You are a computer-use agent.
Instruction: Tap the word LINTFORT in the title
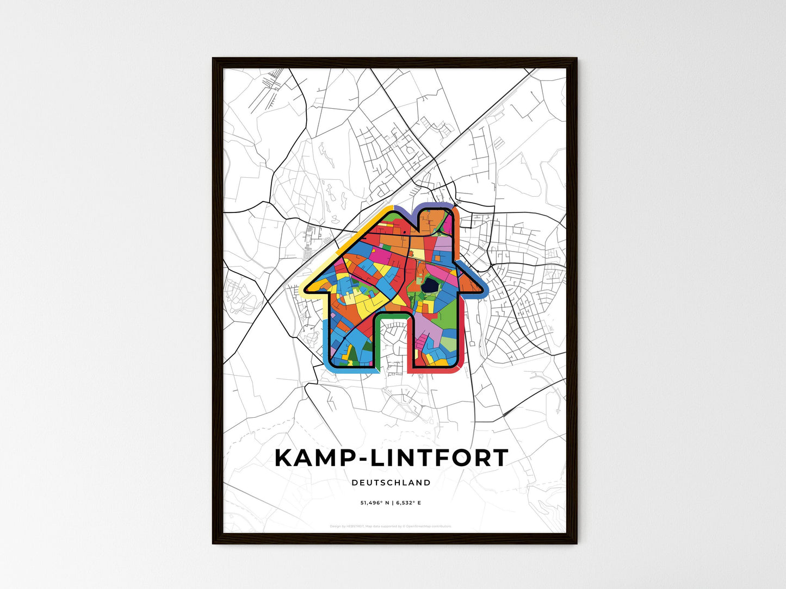(439, 458)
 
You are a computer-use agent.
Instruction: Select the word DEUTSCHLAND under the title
(391, 483)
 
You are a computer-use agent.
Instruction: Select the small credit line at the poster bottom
(391, 526)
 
